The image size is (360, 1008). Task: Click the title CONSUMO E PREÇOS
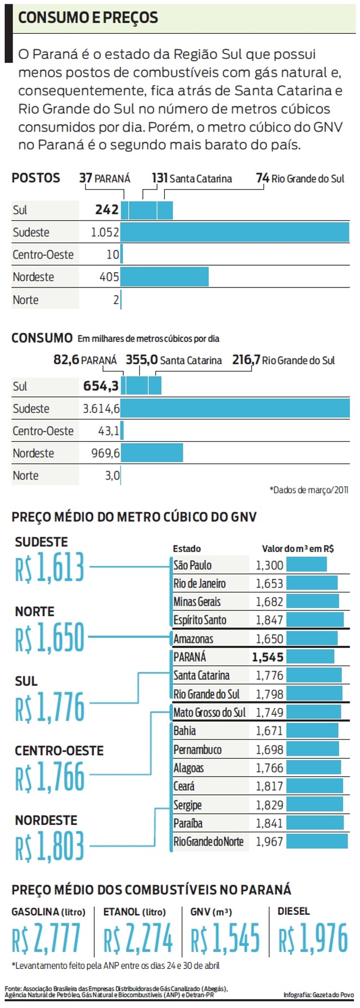[x=88, y=17]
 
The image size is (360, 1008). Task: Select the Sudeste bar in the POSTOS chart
[x=235, y=232]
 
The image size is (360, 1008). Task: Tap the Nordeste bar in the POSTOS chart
[x=164, y=277]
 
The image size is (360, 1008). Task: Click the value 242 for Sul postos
[x=106, y=210]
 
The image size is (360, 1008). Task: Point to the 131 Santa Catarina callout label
[x=191, y=178]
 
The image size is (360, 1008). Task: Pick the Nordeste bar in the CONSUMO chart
[x=152, y=453]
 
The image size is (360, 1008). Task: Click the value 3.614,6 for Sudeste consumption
[x=101, y=409]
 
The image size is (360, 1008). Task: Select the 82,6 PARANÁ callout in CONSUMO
[x=85, y=360]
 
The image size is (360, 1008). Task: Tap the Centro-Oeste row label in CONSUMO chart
[x=43, y=431]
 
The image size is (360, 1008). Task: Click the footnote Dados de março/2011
[x=309, y=490]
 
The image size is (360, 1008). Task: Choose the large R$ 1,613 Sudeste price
[x=50, y=567]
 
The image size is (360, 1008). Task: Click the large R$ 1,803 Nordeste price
[x=50, y=846]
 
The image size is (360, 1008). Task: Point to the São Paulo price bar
[x=307, y=565]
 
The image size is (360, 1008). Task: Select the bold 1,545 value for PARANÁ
[x=267, y=657]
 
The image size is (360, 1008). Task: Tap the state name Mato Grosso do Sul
[x=209, y=712]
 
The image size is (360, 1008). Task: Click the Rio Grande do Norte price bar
[x=316, y=841]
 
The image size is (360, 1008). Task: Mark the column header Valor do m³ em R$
[x=298, y=549]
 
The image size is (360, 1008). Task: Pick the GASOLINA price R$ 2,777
[x=46, y=939]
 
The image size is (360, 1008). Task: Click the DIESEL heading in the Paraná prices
[x=293, y=911]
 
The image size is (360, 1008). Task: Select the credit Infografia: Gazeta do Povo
[x=319, y=995]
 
